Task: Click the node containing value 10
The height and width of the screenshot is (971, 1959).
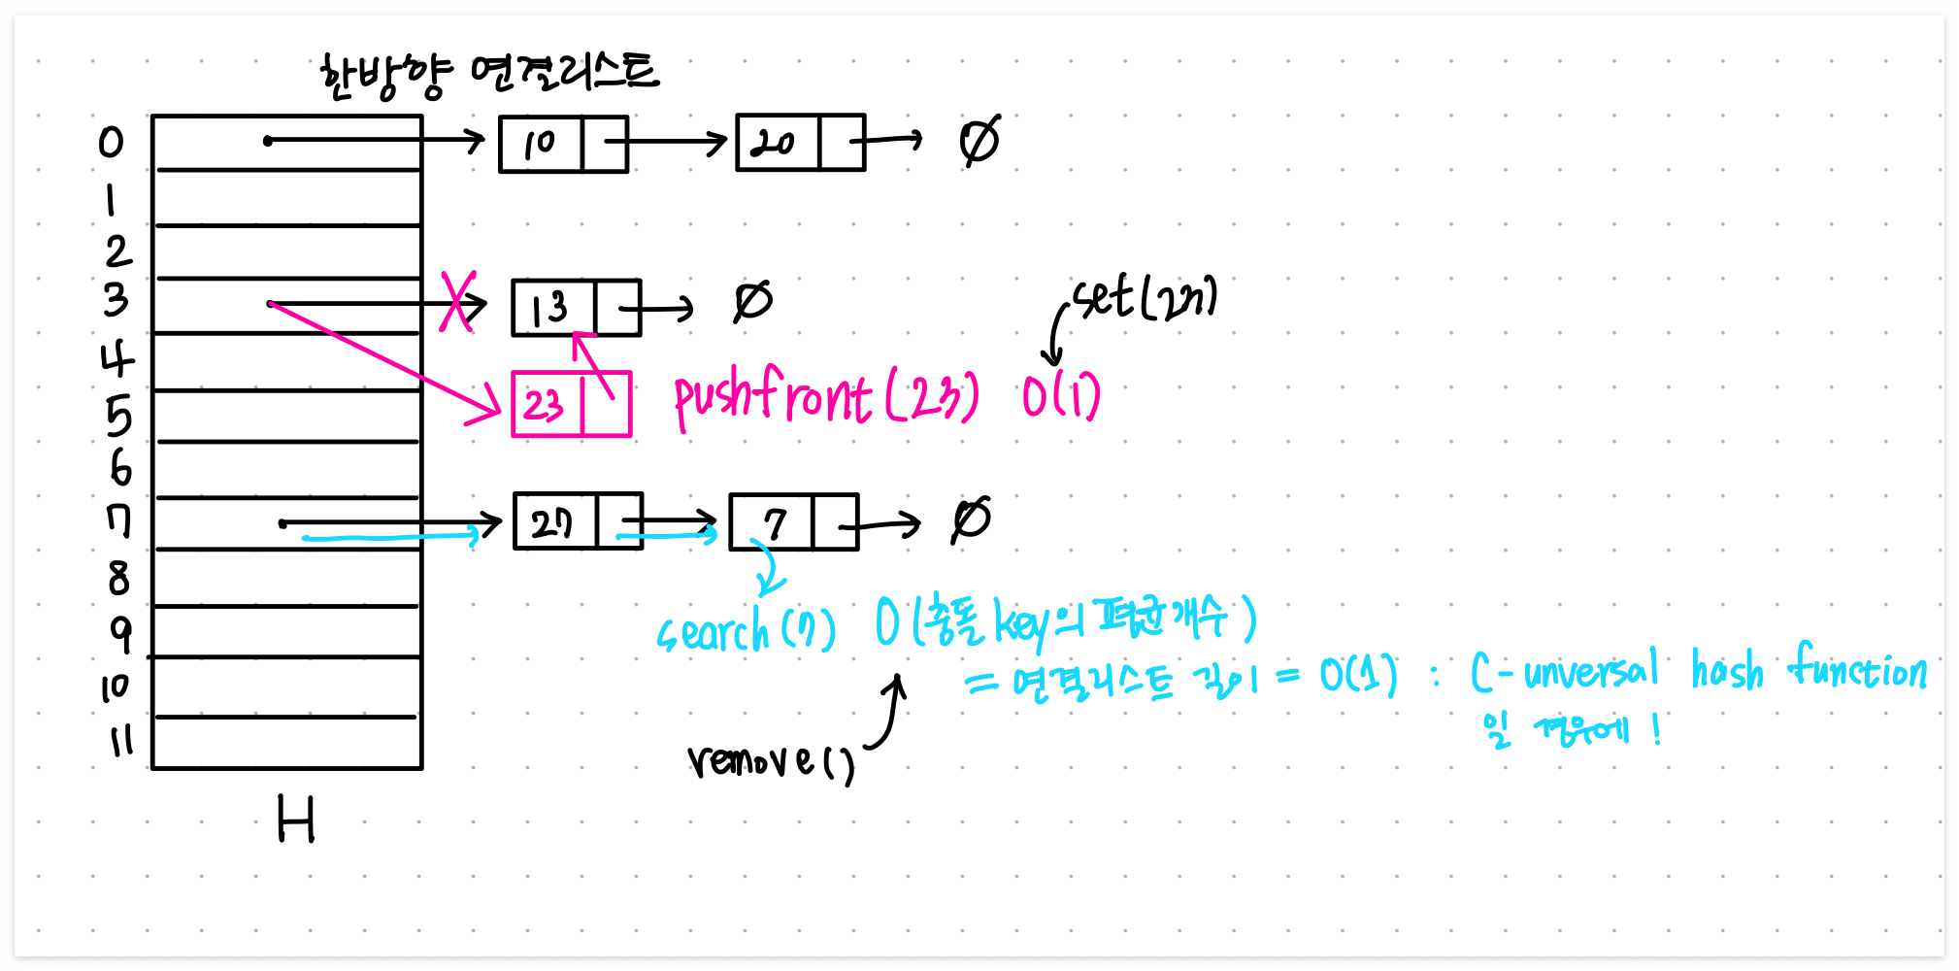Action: [563, 144]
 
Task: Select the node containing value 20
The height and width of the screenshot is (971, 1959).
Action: [800, 143]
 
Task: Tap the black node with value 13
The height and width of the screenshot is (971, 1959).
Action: [576, 308]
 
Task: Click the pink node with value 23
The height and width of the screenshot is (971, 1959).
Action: [571, 404]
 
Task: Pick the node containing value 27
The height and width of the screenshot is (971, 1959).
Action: [578, 521]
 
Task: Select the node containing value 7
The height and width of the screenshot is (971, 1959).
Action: [793, 522]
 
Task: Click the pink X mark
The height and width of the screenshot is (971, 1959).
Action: [457, 301]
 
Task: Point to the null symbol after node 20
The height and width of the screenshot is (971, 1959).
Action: [979, 142]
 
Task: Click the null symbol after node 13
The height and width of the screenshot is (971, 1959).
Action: [752, 301]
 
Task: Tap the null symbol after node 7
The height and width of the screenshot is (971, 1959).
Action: [971, 520]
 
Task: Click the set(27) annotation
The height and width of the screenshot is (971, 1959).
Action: [1146, 299]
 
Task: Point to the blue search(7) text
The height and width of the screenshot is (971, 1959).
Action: [746, 632]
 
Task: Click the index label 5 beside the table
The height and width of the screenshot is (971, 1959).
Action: [118, 416]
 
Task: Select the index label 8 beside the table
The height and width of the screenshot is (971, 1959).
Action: [118, 578]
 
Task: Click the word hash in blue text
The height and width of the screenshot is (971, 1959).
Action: [1726, 670]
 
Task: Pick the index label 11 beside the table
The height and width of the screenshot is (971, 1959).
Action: [120, 741]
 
